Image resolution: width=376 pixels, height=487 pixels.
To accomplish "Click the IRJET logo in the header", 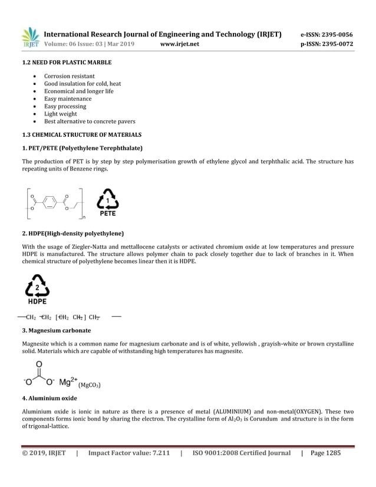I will pyautogui.click(x=30, y=37).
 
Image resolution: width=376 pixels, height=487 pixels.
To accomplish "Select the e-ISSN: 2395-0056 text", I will pyautogui.click(x=326, y=34).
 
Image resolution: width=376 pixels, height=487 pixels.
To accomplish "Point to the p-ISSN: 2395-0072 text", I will pyautogui.click(x=326, y=44).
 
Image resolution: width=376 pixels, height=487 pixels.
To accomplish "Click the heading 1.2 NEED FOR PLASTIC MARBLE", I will pyautogui.click(x=67, y=62).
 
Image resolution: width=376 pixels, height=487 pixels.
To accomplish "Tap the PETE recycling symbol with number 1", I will pyautogui.click(x=107, y=203).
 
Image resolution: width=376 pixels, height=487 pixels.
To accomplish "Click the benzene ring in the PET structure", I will pyautogui.click(x=50, y=202).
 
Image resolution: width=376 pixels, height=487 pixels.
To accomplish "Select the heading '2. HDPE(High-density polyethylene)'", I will pyautogui.click(x=72, y=233).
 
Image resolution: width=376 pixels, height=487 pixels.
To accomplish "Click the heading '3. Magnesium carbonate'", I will pyautogui.click(x=56, y=330).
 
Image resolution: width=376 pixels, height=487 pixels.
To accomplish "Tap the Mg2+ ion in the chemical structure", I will pyautogui.click(x=68, y=382).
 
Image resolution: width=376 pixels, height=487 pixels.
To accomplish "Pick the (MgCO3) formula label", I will pyautogui.click(x=90, y=386).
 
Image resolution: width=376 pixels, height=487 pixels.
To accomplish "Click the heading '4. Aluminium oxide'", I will pyautogui.click(x=49, y=399).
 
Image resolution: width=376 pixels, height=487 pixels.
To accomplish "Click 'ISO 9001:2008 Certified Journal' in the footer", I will pyautogui.click(x=241, y=453).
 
